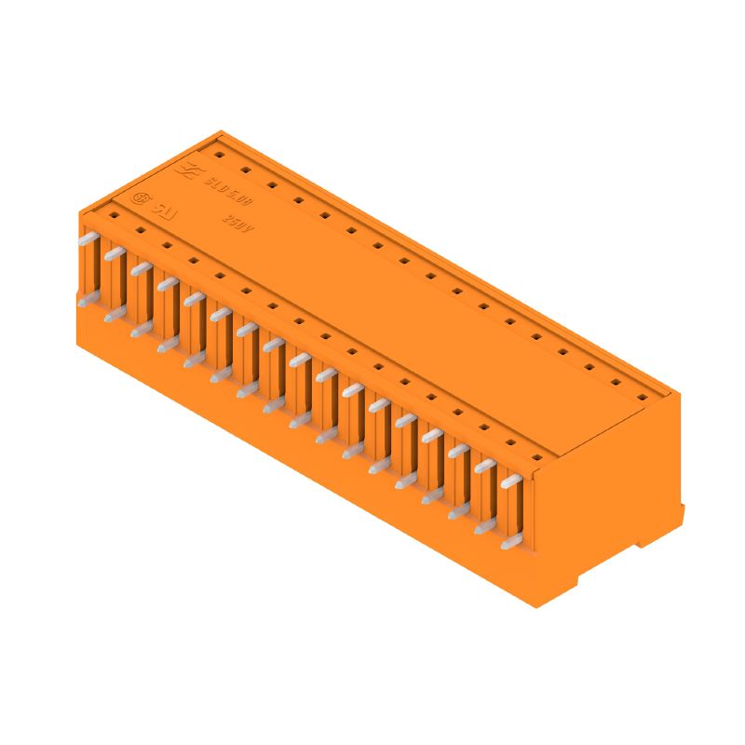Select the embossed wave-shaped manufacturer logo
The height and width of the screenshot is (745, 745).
[x=186, y=170]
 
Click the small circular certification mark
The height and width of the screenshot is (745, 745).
[x=142, y=198]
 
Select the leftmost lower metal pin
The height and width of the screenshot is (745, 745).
[x=87, y=301]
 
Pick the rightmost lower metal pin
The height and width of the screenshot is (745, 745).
[x=509, y=543]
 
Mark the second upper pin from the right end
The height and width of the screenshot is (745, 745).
[x=484, y=467]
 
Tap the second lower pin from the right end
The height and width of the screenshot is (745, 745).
[x=483, y=527]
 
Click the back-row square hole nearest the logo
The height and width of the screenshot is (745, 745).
[x=217, y=156]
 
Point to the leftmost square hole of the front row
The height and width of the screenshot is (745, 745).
[x=114, y=213]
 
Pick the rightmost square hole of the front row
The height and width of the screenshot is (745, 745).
[x=536, y=457]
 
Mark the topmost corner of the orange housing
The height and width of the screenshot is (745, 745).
[x=221, y=131]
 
